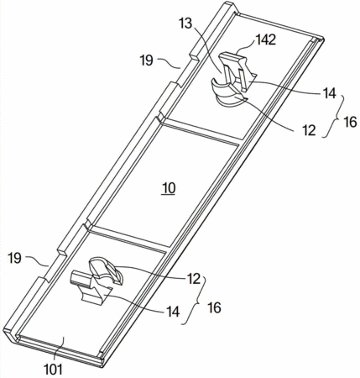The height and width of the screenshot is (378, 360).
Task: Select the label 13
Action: coord(186,24)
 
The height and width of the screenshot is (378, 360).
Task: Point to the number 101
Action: coord(54,370)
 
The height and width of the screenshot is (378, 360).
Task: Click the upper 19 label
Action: coord(147,60)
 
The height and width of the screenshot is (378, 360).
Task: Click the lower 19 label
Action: coord(15,258)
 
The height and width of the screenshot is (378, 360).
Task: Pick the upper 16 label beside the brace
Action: coord(350,122)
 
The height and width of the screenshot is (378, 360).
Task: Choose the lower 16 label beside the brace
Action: coord(215,307)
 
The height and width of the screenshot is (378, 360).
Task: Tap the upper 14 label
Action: coord(329,93)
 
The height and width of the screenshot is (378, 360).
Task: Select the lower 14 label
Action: coord(173,312)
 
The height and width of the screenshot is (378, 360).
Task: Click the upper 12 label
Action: coord(309,130)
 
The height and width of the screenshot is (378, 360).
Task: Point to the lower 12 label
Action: coord(194,279)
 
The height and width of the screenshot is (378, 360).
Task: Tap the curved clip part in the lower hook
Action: coord(105,270)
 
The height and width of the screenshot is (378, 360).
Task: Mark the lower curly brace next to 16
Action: coord(199,301)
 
